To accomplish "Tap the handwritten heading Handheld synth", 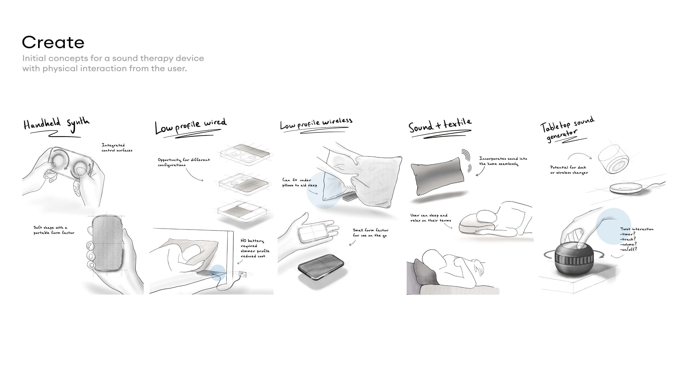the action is coord(56,124).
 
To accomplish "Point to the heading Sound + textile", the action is coord(440,126).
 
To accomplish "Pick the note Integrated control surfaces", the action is coord(117,148).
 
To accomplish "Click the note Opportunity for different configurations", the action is coord(184,162).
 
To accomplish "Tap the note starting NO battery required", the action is coord(255,248).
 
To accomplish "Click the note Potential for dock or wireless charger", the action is coord(569,170).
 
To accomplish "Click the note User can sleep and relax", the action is coord(430,218).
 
